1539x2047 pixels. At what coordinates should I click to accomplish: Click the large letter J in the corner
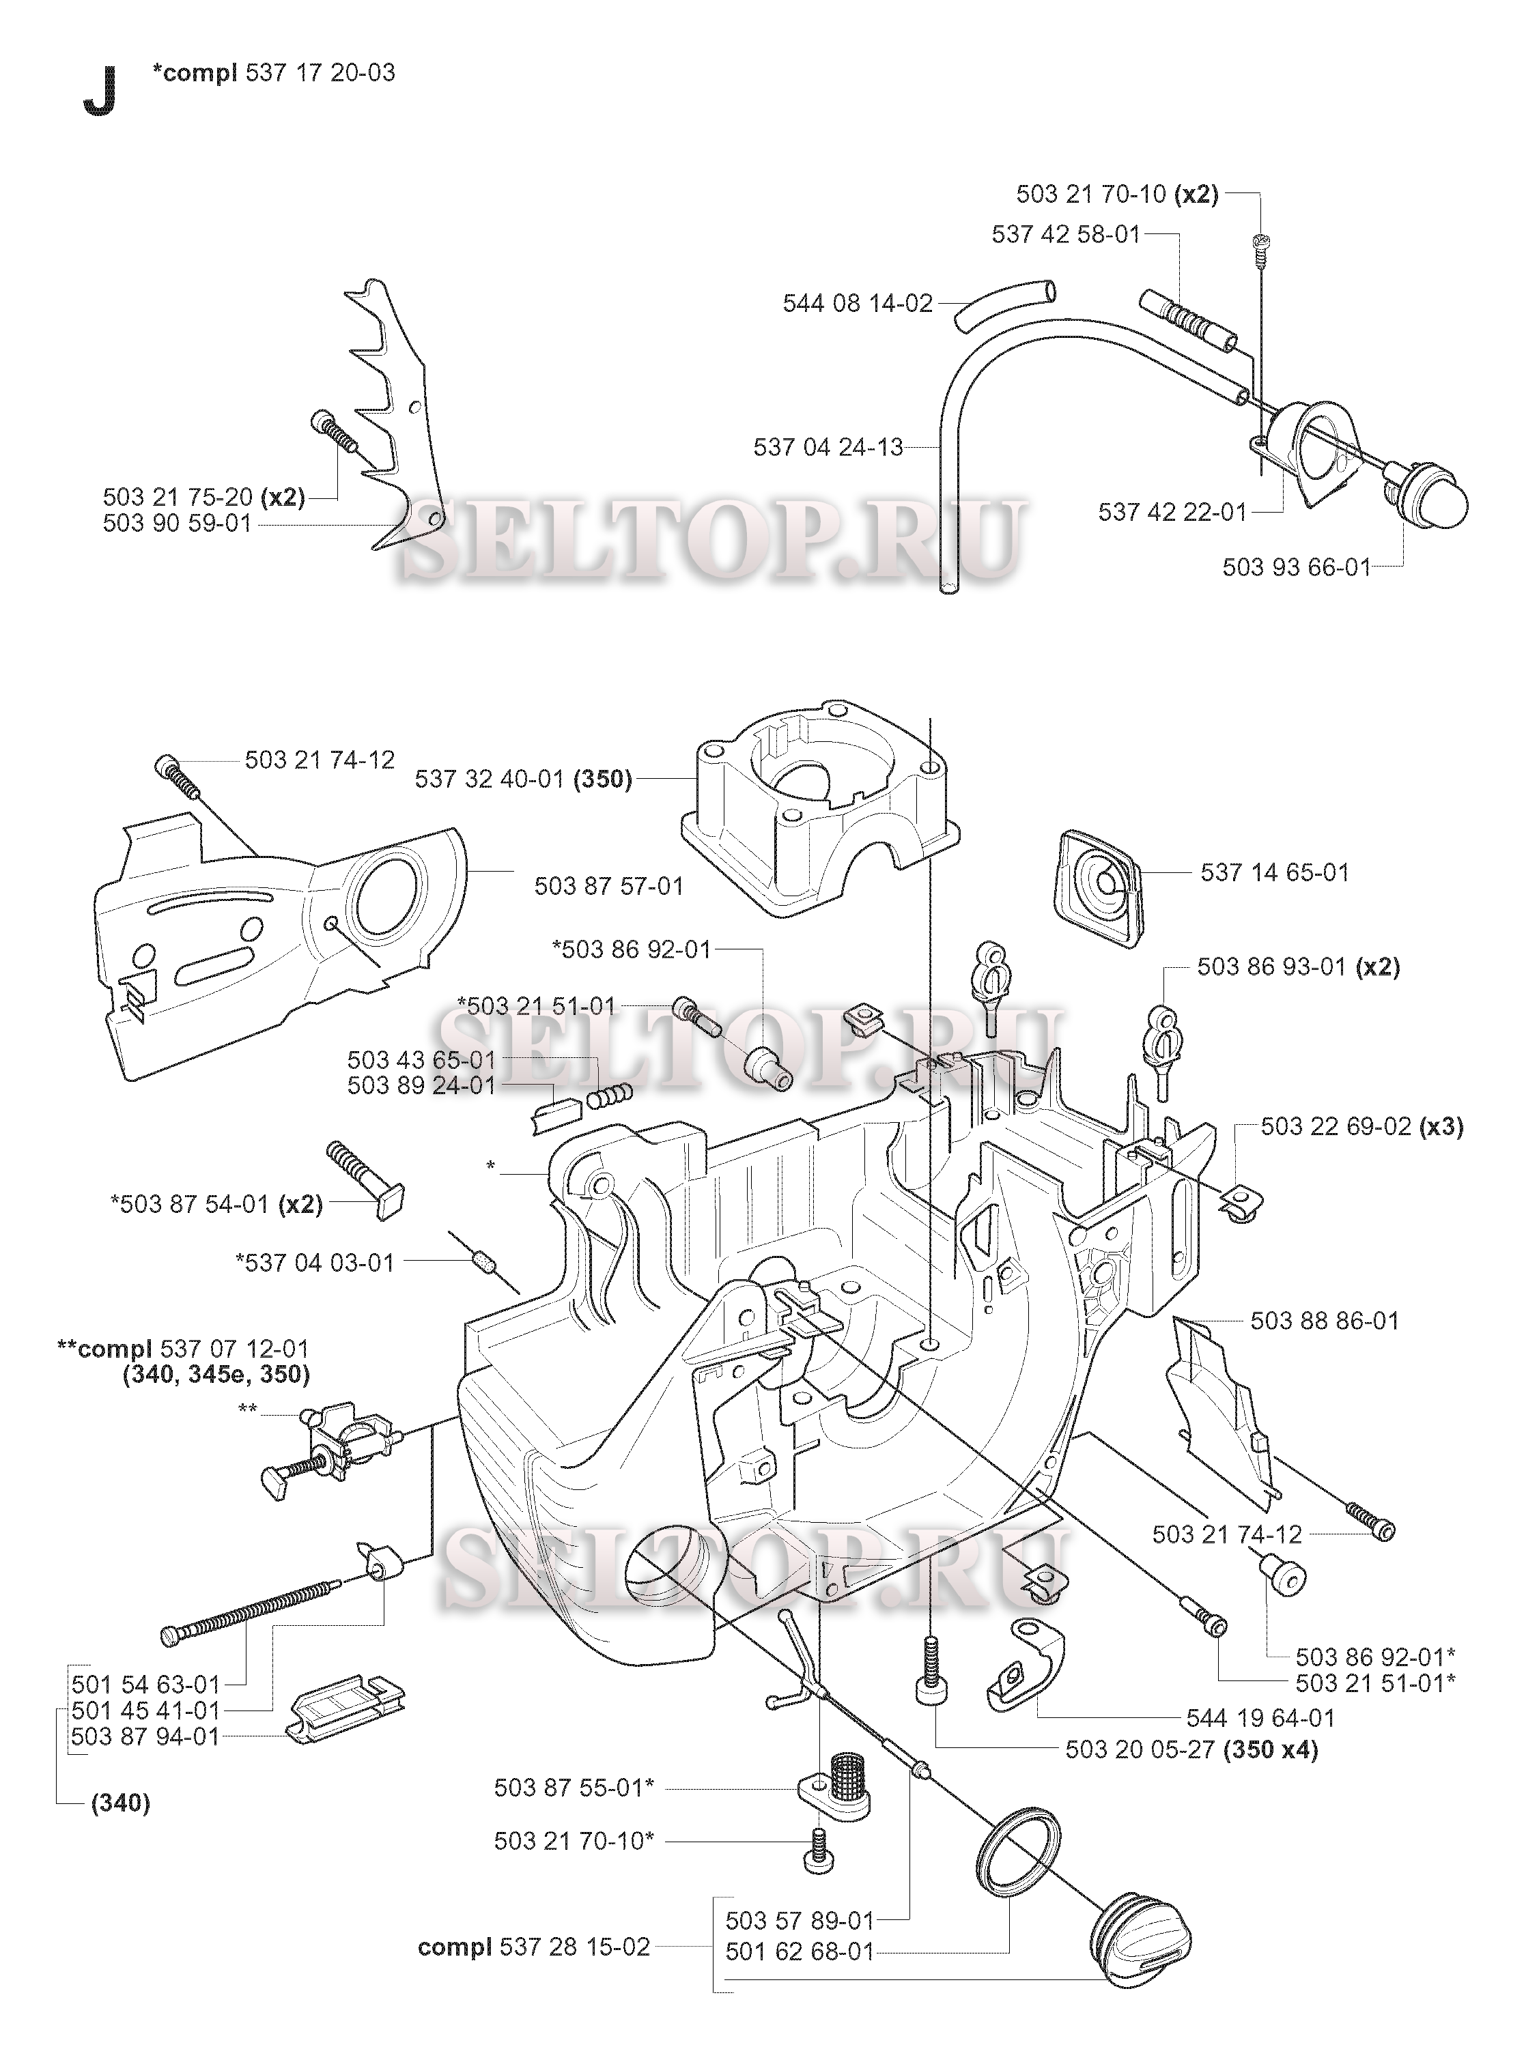pos(100,93)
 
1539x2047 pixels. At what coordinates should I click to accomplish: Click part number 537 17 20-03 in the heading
pos(321,72)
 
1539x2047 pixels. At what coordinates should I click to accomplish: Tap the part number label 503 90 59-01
pos(177,524)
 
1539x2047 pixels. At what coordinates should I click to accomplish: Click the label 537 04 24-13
pos(828,448)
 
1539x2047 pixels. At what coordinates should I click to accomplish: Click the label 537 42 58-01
pos(1066,235)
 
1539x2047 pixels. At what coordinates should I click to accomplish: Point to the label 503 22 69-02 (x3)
pos(1362,1126)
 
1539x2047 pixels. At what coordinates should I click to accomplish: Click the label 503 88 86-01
pos(1325,1321)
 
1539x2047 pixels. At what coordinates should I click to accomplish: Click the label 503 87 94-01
pos(145,1737)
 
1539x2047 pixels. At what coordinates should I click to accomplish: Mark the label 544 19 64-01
pos(1260,1719)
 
